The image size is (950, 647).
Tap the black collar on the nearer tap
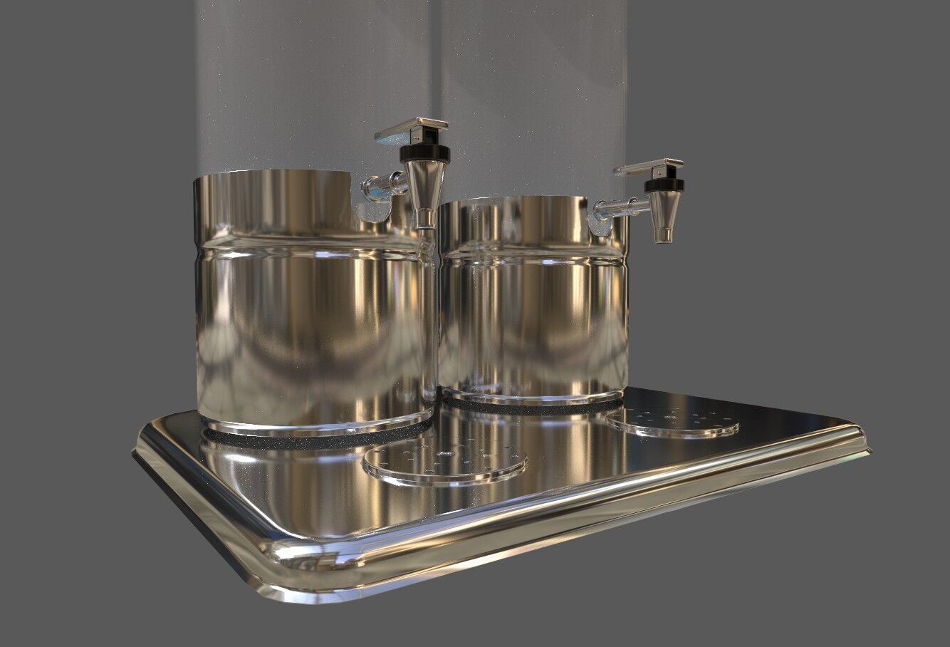click(425, 153)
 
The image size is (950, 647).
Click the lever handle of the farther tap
click(649, 169)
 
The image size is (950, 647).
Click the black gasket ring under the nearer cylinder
click(313, 440)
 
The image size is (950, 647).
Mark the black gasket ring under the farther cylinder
click(527, 405)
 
